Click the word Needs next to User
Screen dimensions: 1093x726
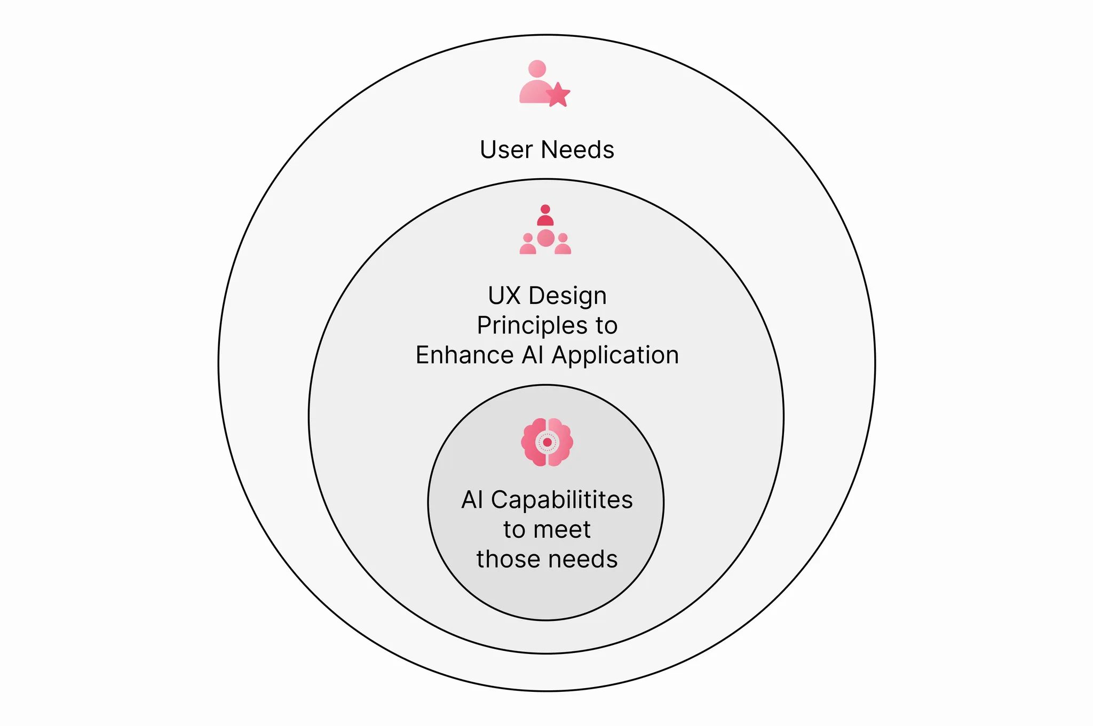(577, 149)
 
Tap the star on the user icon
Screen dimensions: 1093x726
(558, 95)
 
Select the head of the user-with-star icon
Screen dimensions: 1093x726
(537, 69)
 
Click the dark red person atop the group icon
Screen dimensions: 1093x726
(545, 216)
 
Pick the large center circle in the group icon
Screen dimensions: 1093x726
(545, 238)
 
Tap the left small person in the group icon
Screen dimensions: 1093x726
(528, 244)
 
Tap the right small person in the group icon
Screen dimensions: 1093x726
(563, 244)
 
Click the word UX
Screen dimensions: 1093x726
(504, 296)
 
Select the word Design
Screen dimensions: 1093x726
(568, 297)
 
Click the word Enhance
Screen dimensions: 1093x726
(464, 355)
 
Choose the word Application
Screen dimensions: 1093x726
(616, 356)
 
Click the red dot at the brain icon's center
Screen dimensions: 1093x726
(547, 442)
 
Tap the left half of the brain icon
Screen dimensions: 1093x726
(534, 442)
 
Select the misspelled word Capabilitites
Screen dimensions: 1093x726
(562, 500)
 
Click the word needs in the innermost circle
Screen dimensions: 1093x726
(583, 560)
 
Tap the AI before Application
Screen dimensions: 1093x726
(533, 355)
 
